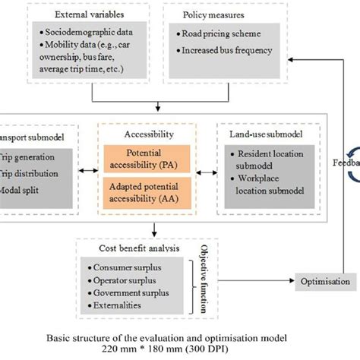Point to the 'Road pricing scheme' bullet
coord(223,34)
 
